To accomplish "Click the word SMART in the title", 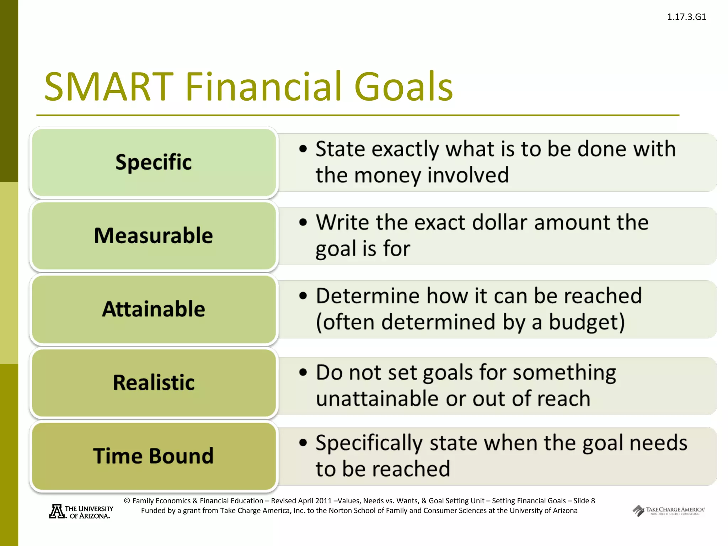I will [x=109, y=86].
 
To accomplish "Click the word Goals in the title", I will [x=403, y=86].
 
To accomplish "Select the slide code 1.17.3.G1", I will [x=686, y=17].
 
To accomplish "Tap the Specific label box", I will [x=154, y=162].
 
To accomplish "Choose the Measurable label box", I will [x=154, y=236].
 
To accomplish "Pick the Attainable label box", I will [x=154, y=309].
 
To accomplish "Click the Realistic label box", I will [x=154, y=382].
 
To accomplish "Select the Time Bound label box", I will [x=154, y=456].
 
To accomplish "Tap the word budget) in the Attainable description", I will [x=587, y=322].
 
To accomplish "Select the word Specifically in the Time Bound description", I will [x=369, y=443].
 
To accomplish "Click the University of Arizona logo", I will [x=81, y=512].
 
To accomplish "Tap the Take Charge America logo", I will [x=668, y=511].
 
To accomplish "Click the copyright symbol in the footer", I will [x=127, y=501].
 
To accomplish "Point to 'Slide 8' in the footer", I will [x=584, y=501].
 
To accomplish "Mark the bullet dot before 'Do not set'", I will [x=303, y=373].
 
